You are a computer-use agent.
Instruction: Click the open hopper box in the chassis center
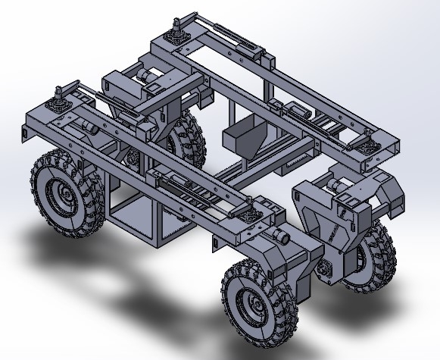(242, 137)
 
